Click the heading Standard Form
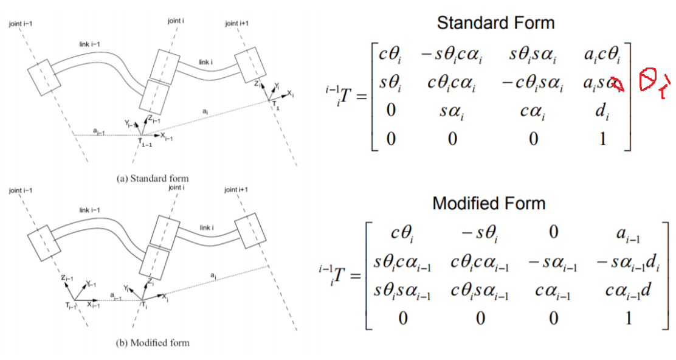tap(495, 24)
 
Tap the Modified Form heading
tap(489, 203)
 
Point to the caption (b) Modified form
tap(152, 342)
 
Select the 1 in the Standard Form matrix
tap(602, 139)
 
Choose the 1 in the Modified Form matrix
tap(628, 317)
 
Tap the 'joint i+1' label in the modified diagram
tap(238, 190)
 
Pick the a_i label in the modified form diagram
tap(213, 275)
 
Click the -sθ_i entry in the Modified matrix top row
tap(477, 232)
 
